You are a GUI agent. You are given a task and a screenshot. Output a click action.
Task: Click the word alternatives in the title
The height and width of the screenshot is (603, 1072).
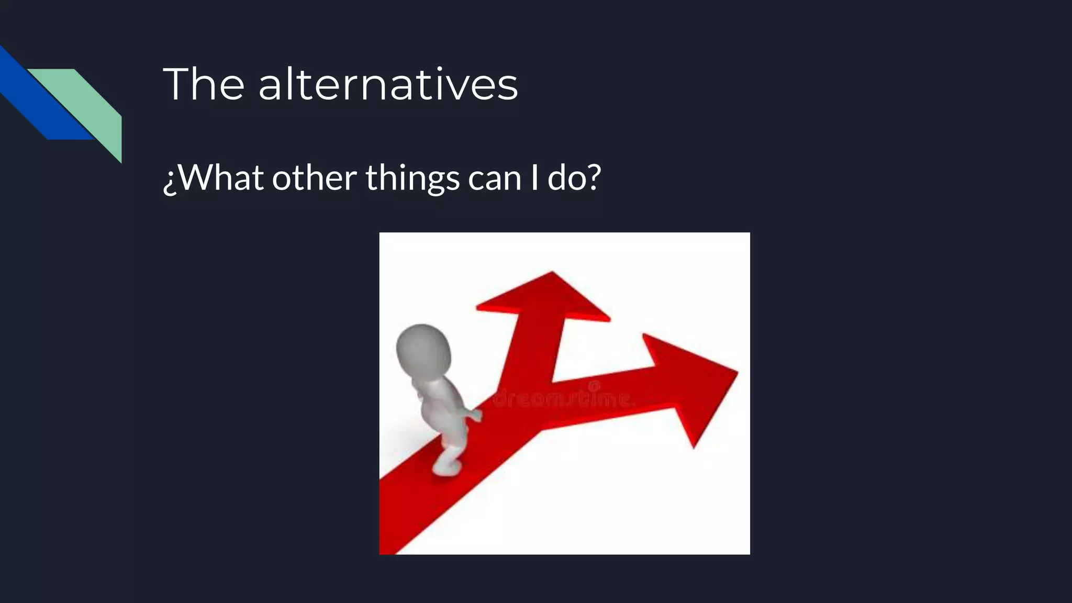388,85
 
